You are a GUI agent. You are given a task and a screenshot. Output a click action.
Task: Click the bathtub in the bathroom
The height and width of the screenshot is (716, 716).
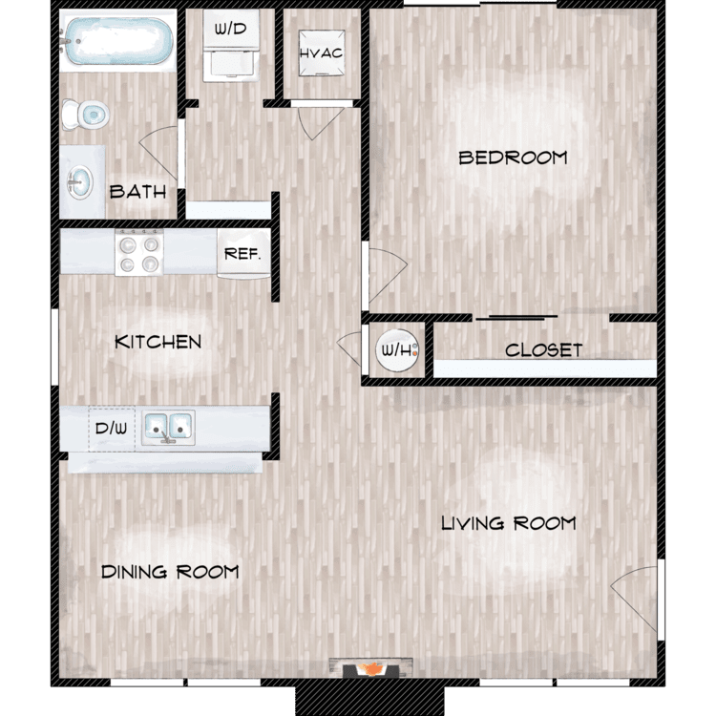118,41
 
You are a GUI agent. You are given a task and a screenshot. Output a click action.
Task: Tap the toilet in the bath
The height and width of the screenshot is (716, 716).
85,115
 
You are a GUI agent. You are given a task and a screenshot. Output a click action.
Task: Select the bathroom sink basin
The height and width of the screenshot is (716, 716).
80,182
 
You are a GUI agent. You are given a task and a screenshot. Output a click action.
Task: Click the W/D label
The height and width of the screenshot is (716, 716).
231,30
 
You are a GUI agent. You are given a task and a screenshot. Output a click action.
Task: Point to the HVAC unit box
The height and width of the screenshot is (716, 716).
322,53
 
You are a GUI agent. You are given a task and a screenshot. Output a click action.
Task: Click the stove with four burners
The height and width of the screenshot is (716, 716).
138,252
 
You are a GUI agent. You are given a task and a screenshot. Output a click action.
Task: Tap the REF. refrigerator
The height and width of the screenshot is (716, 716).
243,253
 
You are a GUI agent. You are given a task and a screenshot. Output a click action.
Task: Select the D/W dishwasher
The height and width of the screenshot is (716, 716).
112,429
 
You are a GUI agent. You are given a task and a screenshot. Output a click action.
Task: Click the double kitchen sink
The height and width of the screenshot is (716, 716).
168,428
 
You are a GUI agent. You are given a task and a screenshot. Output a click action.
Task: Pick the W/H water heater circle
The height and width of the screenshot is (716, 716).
397,350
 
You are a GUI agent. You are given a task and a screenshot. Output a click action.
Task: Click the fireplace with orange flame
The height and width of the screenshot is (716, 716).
371,667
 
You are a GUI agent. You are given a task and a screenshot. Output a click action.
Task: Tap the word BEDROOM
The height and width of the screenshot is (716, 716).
513,158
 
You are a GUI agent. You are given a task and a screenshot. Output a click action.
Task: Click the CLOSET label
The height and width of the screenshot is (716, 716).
543,350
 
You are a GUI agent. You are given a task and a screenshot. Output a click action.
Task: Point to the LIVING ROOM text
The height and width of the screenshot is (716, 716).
508,523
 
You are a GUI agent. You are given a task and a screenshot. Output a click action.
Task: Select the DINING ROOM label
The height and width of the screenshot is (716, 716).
170,572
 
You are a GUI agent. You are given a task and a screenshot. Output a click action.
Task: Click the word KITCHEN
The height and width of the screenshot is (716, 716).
158,342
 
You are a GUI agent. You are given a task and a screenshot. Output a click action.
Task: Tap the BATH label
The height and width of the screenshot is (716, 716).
137,192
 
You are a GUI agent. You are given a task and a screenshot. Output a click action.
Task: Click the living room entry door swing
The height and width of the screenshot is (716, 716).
635,599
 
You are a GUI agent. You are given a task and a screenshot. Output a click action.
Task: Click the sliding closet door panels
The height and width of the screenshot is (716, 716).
516,317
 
